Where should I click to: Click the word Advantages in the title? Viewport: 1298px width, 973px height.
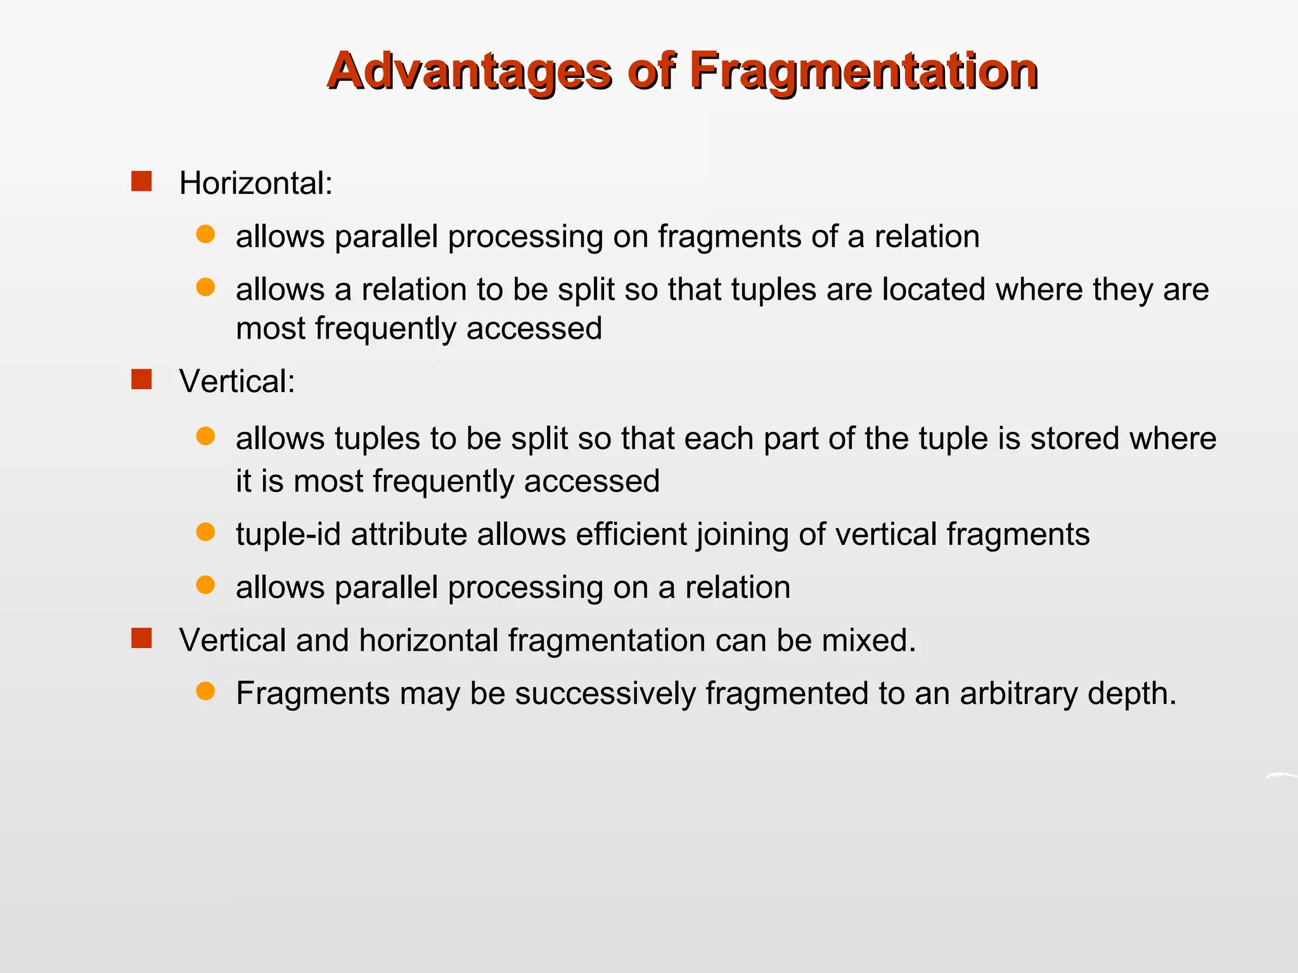tap(469, 71)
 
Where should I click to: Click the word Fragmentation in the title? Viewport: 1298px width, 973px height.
tap(863, 71)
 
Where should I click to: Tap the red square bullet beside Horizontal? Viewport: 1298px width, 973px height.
tap(141, 181)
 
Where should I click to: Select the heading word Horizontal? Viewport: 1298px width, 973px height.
tap(255, 184)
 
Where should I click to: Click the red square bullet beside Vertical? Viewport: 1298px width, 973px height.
tap(141, 379)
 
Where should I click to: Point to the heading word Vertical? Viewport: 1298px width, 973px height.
tap(237, 382)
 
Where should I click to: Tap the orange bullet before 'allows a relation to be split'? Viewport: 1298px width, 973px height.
tap(205, 288)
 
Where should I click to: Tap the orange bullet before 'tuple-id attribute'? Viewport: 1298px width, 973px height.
tap(205, 531)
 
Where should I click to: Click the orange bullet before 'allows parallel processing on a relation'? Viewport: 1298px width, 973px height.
tap(205, 585)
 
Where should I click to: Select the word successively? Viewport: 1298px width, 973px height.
tap(605, 694)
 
